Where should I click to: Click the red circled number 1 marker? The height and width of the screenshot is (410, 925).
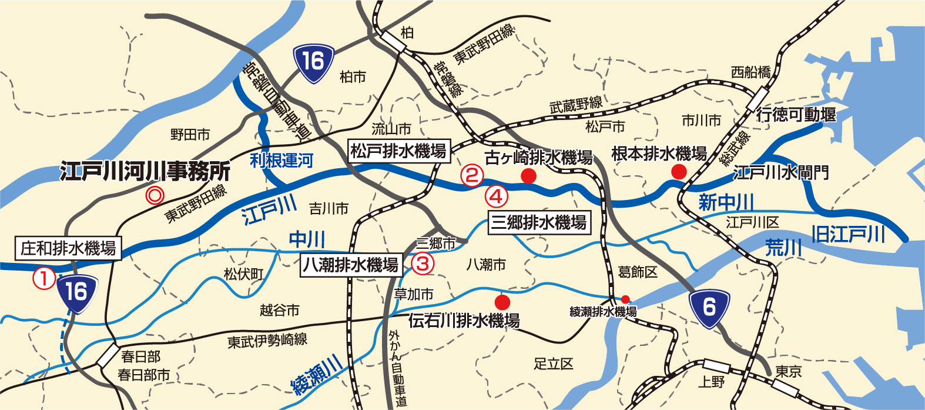point(44,278)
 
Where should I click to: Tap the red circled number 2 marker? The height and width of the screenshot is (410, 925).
point(471,175)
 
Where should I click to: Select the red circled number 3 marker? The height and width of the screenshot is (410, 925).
point(423,263)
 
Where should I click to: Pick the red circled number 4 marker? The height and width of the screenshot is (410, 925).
point(496,196)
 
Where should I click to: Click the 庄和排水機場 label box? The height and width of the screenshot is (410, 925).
point(68,248)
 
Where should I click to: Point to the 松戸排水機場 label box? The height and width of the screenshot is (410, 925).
point(399,151)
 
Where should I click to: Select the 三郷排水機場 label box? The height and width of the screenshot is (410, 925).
point(539,222)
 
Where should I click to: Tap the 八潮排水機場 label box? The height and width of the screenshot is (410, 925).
point(351,265)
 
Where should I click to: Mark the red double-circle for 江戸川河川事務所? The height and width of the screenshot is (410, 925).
point(154,194)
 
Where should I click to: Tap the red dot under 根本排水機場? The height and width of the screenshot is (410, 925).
point(679,172)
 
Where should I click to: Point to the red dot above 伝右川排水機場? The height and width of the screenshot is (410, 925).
point(502,302)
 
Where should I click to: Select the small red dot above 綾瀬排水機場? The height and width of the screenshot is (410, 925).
point(625,299)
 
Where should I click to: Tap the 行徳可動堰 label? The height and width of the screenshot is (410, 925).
point(796,114)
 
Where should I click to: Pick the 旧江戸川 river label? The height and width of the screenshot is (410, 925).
point(848,234)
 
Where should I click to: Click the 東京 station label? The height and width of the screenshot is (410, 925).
point(788,371)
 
